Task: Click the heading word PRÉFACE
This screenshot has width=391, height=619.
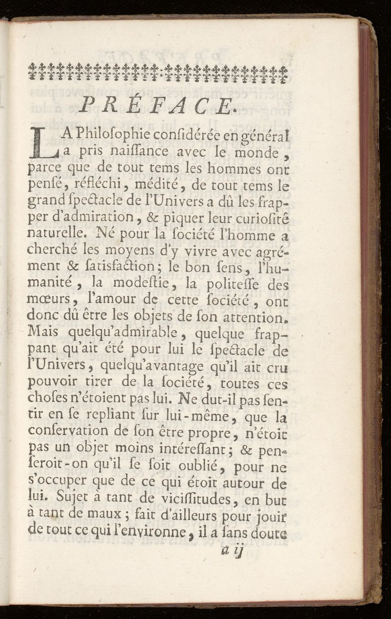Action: (x=158, y=105)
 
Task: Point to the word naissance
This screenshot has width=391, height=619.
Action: (x=138, y=151)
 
